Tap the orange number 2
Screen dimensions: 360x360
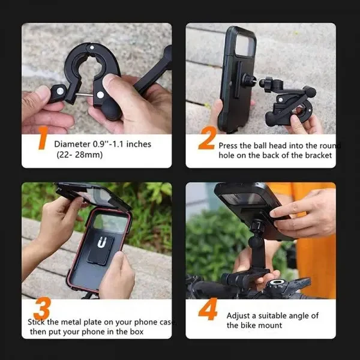point(206,141)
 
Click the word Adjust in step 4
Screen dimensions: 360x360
point(239,315)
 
